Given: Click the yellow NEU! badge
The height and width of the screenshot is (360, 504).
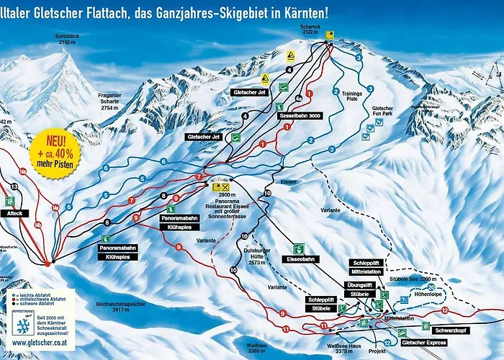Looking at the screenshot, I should click(55, 145).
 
